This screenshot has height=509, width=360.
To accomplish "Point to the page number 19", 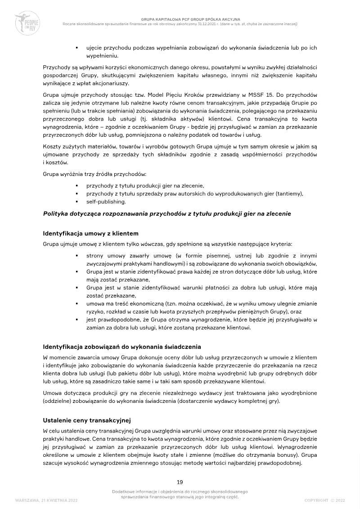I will point(180,482).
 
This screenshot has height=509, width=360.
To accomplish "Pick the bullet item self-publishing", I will point(106,202).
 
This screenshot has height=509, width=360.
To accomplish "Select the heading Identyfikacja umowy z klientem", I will point(90,234).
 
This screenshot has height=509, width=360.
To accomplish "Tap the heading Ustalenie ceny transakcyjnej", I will point(86,420).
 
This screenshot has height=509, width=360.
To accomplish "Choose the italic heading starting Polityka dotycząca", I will point(167,213).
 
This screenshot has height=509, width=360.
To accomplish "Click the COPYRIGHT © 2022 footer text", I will point(324,500).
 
